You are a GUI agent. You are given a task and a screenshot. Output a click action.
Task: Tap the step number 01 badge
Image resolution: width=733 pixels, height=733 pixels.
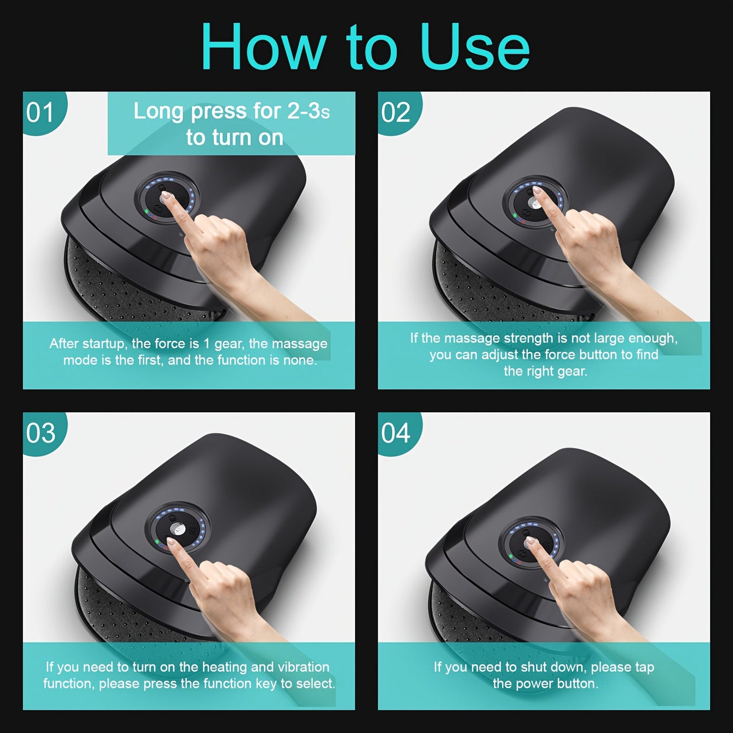point(40,113)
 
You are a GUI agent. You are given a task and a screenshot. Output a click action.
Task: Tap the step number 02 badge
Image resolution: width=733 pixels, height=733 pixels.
point(396,113)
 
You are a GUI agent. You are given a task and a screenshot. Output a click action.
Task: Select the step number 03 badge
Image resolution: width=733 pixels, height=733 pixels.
point(41,433)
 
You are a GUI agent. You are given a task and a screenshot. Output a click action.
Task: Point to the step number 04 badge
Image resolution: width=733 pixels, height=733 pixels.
point(396,433)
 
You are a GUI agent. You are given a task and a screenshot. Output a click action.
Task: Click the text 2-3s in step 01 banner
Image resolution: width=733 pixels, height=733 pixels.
point(308,112)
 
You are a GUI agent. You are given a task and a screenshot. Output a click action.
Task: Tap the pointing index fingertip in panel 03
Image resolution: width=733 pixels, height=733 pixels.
point(171,542)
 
